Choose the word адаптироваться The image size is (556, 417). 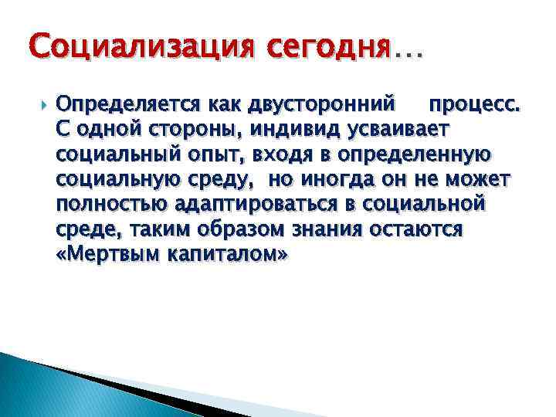(274, 205)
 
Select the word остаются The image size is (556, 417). (423, 230)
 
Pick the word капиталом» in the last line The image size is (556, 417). (226, 256)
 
